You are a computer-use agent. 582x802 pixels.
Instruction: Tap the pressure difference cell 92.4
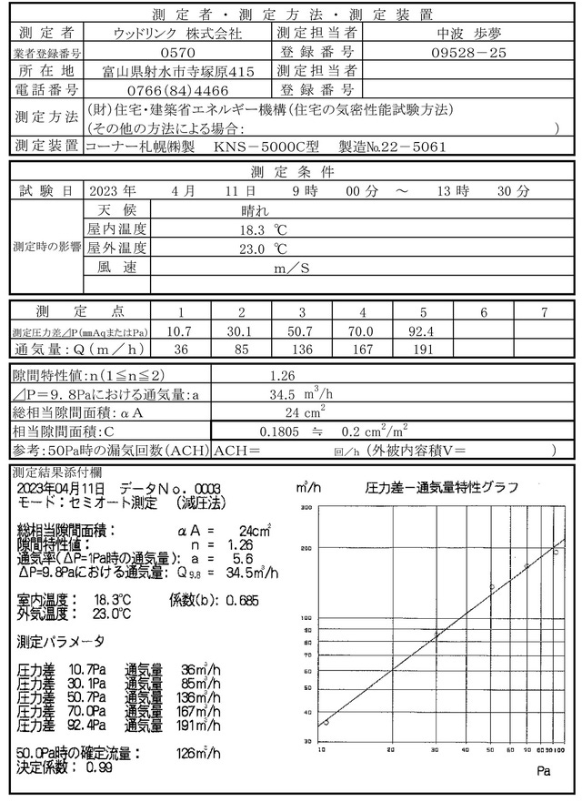[423, 330]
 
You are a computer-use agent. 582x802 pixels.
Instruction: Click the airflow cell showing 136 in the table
[301, 348]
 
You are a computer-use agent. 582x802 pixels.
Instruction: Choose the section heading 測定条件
[291, 171]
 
